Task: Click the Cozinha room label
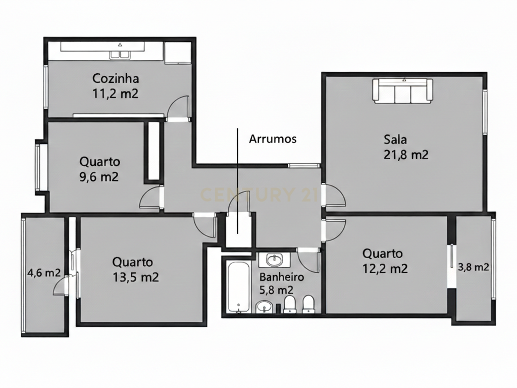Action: [116, 78]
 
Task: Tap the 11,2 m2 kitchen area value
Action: [116, 93]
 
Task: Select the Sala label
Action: [395, 139]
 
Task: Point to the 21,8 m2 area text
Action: [406, 155]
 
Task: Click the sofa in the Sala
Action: [402, 90]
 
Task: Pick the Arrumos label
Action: [273, 139]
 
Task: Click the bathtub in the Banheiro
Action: [238, 286]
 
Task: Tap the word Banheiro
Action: [282, 277]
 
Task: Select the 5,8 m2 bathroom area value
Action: [276, 290]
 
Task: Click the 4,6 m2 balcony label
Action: [44, 273]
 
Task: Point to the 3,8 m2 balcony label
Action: [474, 267]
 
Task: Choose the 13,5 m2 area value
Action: [135, 277]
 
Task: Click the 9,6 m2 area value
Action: [99, 177]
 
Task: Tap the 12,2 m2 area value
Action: [385, 268]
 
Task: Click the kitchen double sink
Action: [120, 55]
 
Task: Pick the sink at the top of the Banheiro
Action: [274, 260]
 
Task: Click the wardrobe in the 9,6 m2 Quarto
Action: [153, 151]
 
